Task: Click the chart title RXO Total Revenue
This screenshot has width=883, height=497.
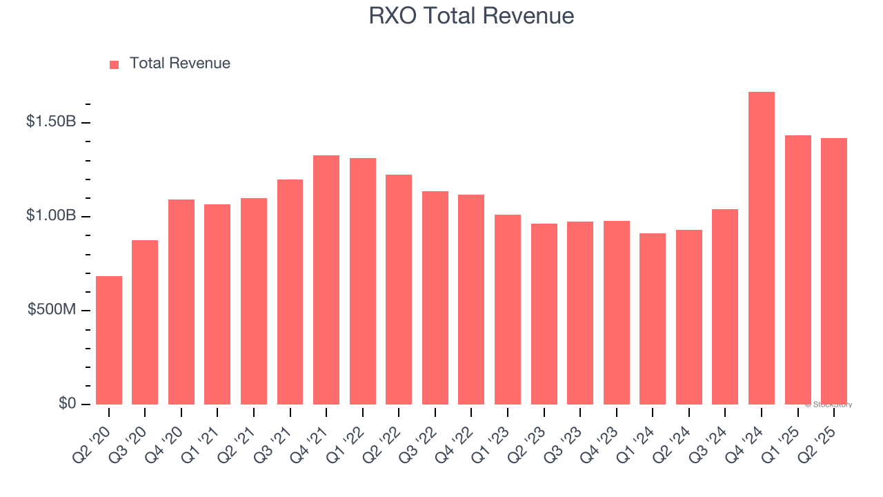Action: tap(471, 16)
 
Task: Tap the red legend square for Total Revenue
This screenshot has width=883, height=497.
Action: tap(115, 64)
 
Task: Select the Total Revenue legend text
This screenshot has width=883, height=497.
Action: tap(179, 64)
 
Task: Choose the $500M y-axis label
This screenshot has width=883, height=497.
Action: tap(52, 310)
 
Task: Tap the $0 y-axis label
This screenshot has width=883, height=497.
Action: tap(66, 404)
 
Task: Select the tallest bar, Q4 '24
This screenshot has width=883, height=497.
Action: tap(762, 248)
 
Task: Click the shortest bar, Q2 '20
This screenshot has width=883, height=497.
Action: tap(109, 340)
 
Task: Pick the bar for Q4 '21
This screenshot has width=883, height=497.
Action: tap(326, 280)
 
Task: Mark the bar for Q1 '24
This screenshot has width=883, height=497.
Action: tap(653, 319)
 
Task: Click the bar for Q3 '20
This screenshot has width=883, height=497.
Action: tap(145, 322)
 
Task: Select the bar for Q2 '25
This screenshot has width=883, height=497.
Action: tap(834, 271)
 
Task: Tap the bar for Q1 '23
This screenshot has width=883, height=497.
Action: tap(508, 309)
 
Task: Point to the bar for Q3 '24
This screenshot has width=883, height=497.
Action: tap(725, 306)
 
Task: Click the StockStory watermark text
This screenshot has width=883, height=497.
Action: tap(829, 405)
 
